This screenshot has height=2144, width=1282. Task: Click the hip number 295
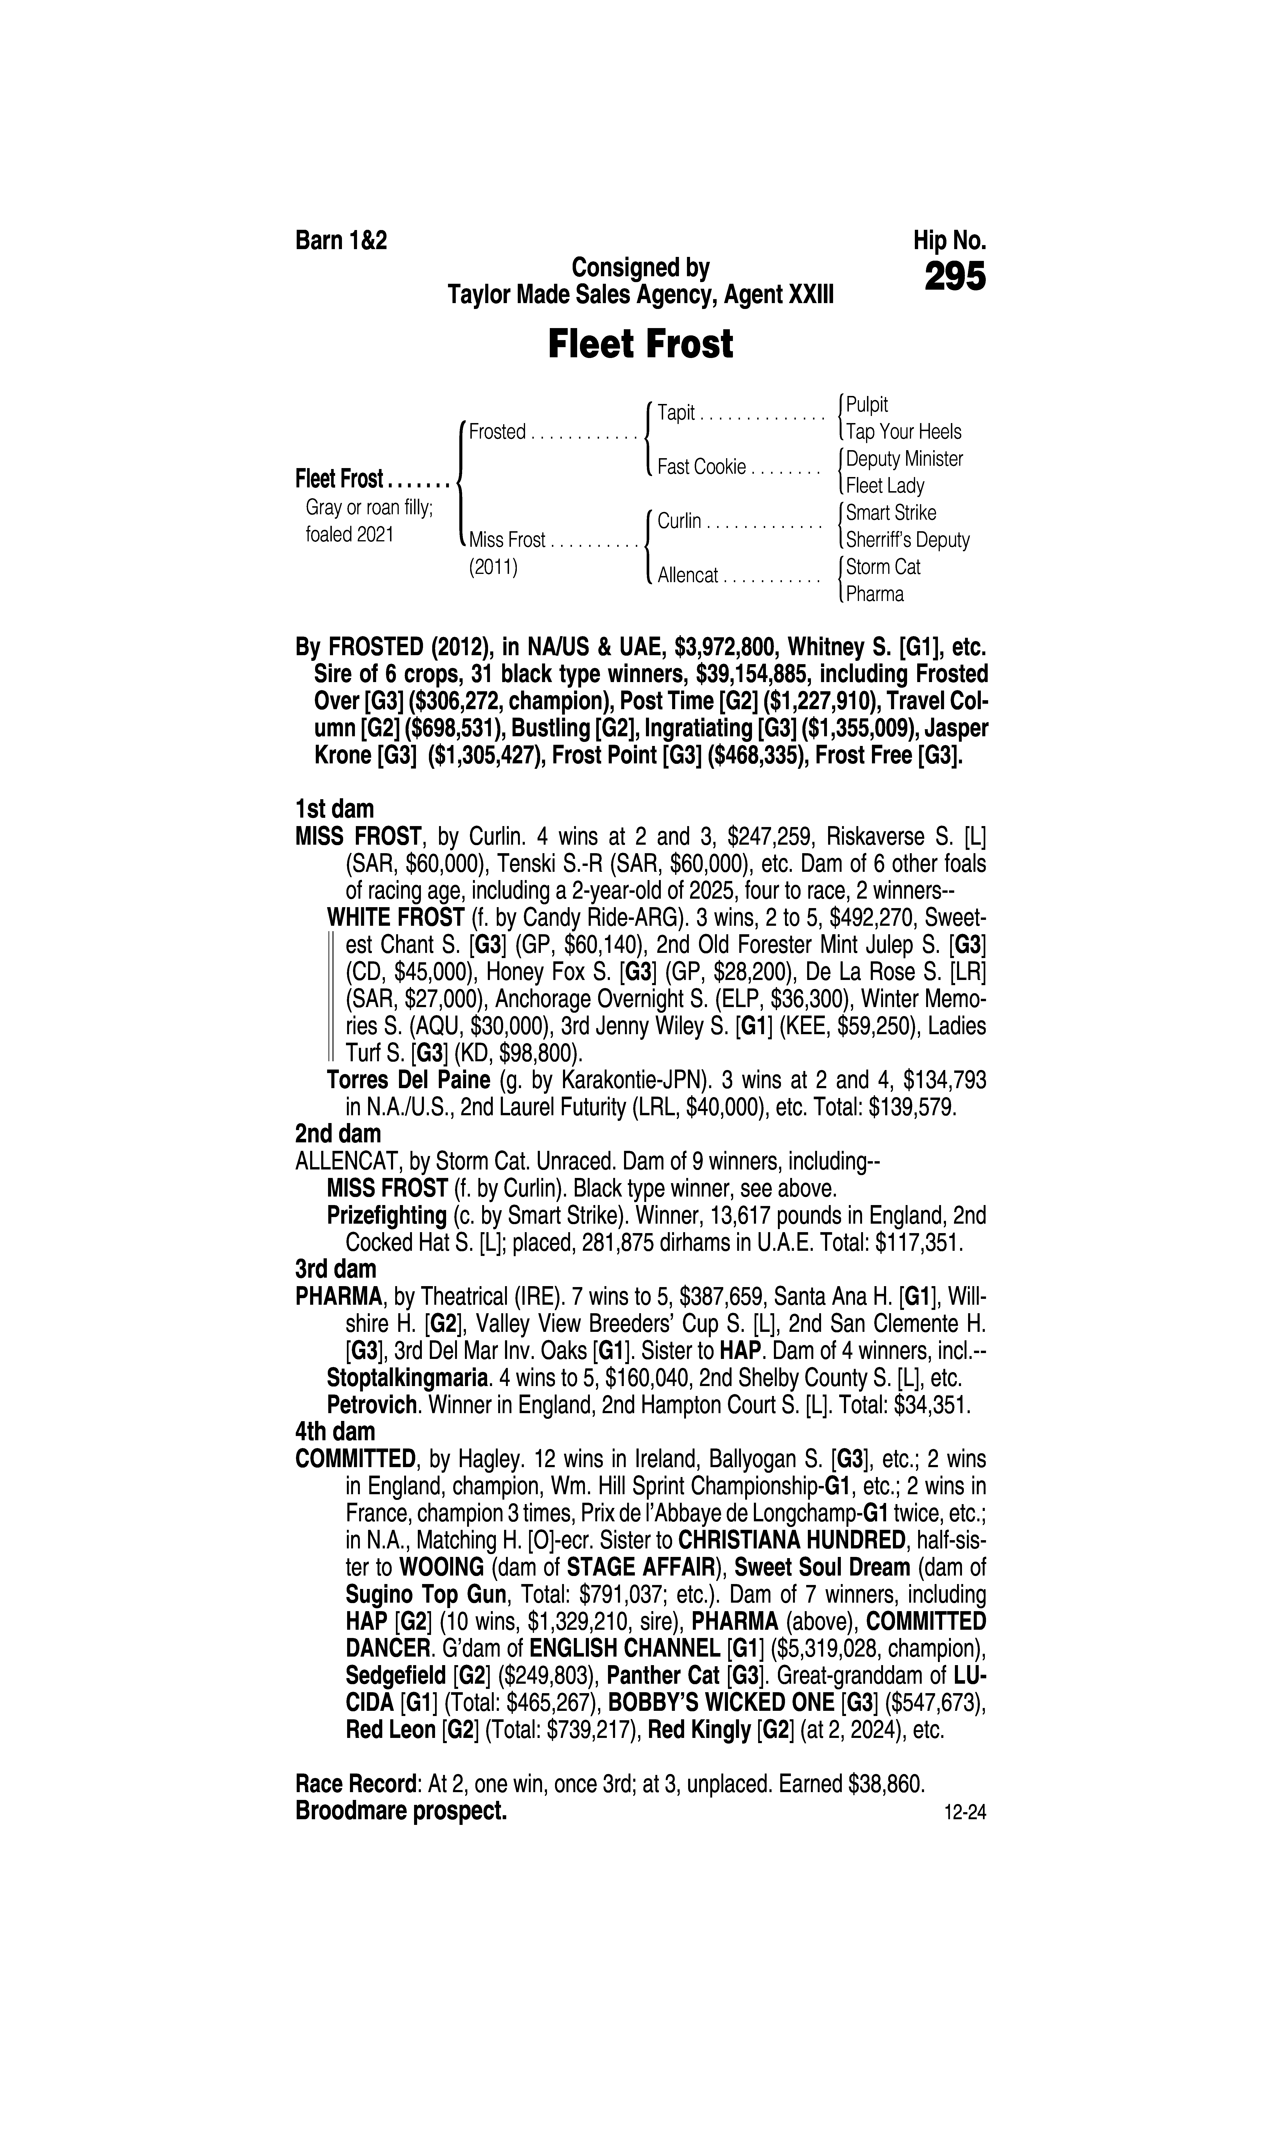click(955, 277)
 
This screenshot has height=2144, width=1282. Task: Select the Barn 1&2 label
click(341, 241)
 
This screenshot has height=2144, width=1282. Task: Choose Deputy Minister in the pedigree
click(904, 459)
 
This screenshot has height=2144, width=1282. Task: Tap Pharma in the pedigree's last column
click(874, 594)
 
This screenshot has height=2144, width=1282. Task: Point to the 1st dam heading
click(334, 809)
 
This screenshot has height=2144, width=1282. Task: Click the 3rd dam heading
click(336, 1269)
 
